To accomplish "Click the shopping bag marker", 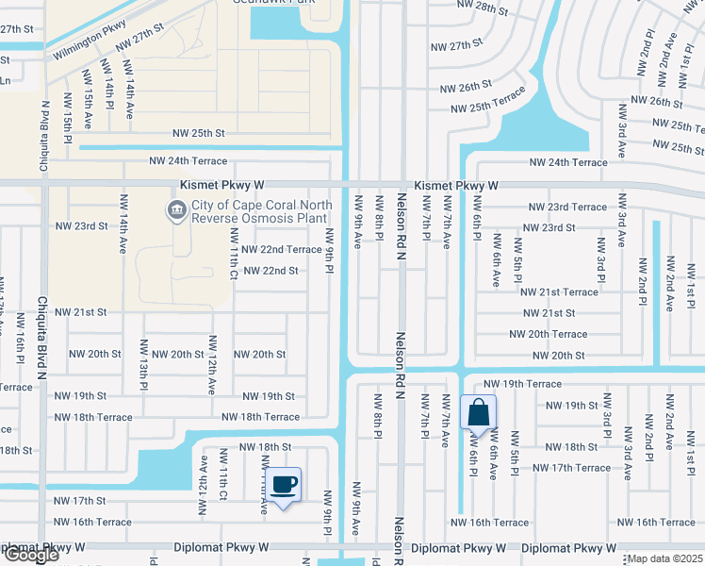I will click(x=479, y=412).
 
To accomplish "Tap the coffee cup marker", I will click(x=284, y=485).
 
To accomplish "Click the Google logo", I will click(x=30, y=555).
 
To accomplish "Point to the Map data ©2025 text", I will click(x=665, y=558).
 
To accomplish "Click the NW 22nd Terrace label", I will click(x=281, y=249).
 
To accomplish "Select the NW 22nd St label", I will click(x=271, y=271).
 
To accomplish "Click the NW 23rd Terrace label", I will click(x=567, y=207).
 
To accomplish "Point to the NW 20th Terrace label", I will click(x=548, y=334).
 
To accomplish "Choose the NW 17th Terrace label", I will click(x=571, y=468).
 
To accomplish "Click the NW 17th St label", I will click(x=79, y=501).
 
